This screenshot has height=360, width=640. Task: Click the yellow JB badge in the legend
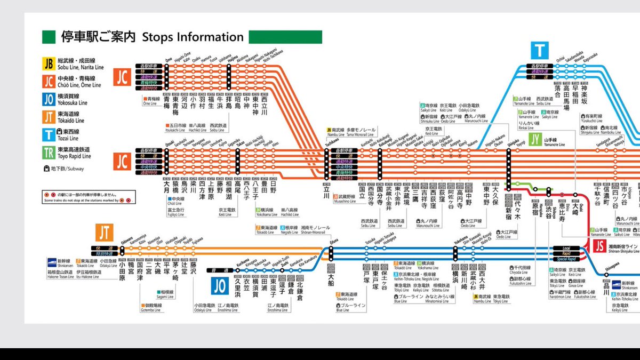[x=49, y=63]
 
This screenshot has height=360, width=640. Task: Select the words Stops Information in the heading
[x=193, y=37]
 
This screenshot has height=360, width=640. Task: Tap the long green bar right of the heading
[x=285, y=37]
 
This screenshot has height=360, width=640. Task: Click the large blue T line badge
[x=540, y=51]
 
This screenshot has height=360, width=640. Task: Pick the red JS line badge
[x=599, y=246]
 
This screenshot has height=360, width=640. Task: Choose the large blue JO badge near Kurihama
[x=219, y=286]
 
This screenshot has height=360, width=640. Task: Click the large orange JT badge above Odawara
[x=104, y=233]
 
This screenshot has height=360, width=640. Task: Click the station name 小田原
[x=122, y=271]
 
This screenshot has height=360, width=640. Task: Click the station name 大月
[x=166, y=189]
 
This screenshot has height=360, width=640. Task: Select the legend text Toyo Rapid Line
[x=75, y=157]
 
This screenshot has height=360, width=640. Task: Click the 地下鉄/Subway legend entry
[x=64, y=169]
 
